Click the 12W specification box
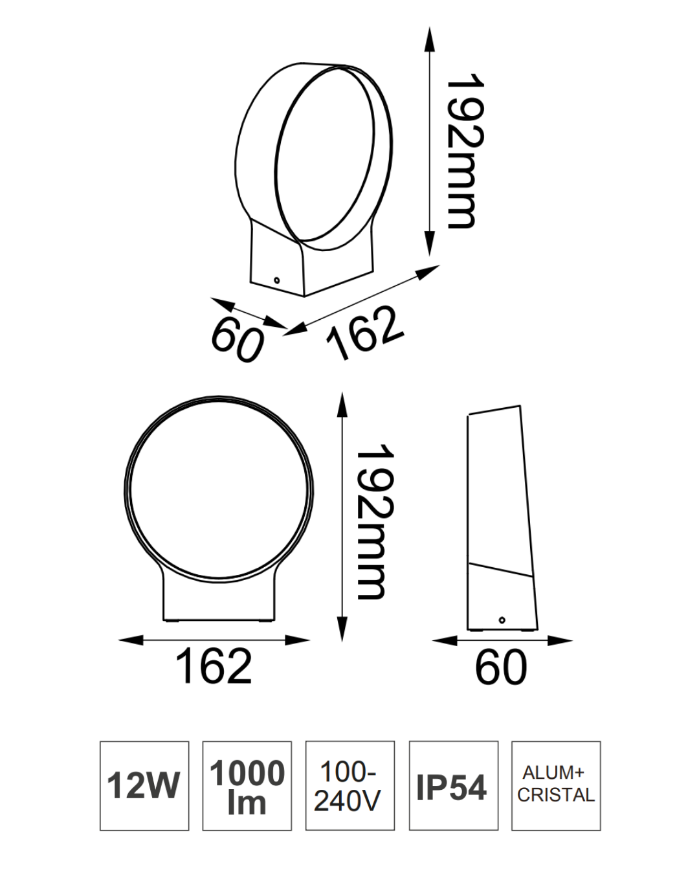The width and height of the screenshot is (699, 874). tap(144, 785)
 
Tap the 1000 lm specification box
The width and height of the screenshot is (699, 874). tap(247, 785)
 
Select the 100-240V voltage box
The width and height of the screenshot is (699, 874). tap(349, 785)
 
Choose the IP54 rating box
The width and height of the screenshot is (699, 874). tap(453, 785)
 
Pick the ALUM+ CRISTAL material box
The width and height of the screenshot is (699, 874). tap(555, 785)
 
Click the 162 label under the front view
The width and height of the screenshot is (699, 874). tap(214, 666)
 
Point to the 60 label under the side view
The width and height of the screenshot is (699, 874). tap(501, 667)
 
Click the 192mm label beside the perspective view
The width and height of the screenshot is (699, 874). tap(465, 150)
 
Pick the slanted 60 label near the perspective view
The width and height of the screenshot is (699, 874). tap(238, 340)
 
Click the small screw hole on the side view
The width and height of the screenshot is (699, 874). tap(502, 620)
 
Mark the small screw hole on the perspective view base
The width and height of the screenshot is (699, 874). tap(276, 281)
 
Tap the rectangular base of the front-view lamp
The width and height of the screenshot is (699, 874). tap(219, 599)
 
